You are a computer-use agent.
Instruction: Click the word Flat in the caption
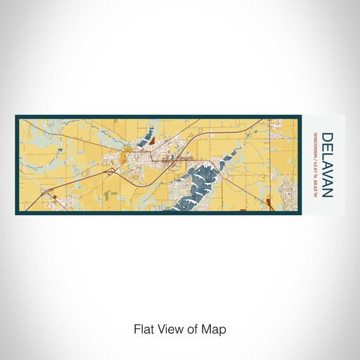point(144,328)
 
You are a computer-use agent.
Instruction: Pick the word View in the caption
point(169,328)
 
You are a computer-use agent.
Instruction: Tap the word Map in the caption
point(215,328)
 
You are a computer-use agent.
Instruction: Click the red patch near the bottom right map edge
point(270,204)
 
